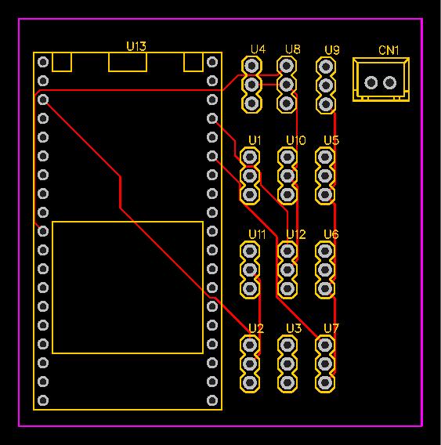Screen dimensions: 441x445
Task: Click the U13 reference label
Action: click(136, 46)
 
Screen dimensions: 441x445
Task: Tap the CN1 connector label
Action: click(389, 50)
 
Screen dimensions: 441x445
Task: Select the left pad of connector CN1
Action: click(371, 82)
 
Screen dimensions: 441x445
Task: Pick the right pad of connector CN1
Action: click(389, 82)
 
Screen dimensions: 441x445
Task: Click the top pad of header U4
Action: click(251, 66)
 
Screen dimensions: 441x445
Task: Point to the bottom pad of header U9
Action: click(326, 104)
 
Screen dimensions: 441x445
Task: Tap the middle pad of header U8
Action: click(287, 85)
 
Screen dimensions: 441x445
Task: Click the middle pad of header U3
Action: click(287, 364)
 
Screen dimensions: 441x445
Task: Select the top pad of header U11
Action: click(250, 251)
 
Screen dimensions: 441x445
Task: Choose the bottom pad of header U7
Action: click(325, 382)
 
